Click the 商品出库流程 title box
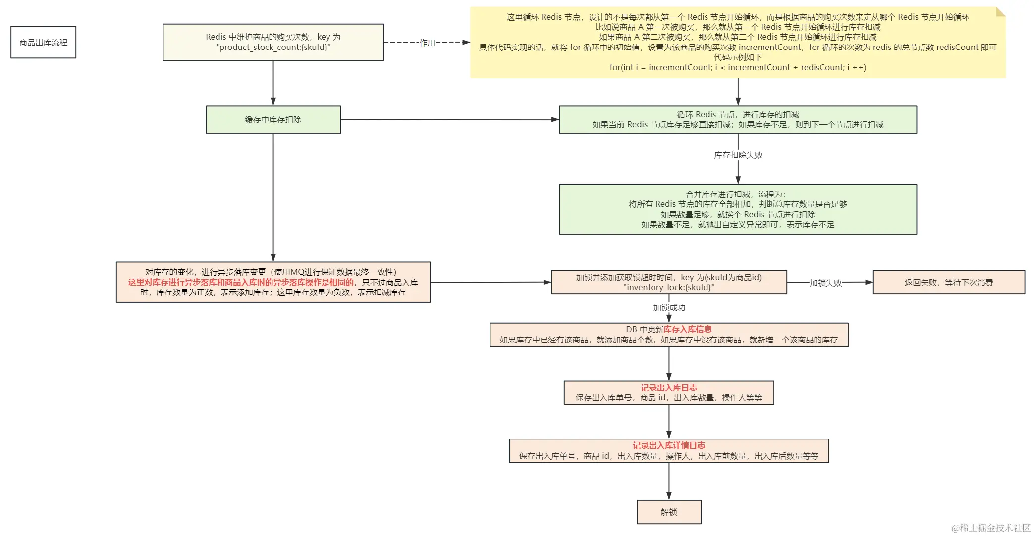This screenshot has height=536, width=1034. pos(43,42)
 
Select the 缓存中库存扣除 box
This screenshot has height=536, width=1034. pos(273,119)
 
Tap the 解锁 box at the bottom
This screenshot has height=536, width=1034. pos(669,512)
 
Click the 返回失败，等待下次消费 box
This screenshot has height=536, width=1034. pos(948,282)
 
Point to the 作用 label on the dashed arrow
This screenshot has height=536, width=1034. pos(427,43)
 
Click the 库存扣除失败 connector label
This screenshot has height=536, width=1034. pos(738,155)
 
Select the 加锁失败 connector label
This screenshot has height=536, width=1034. pos(825,283)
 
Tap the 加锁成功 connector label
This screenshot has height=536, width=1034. pos(669,307)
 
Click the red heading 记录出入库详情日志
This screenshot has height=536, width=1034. pos(668,445)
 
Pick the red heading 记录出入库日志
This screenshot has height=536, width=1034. pos(668,388)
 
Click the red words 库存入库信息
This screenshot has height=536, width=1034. pos(687,329)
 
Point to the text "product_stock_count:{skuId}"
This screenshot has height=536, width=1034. pos(273,48)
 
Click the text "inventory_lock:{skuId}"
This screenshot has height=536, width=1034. pos(669,287)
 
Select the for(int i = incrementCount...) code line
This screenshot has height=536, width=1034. pos(737,67)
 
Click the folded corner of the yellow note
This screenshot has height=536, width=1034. pos(1000,12)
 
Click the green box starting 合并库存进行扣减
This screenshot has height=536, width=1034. pos(738,209)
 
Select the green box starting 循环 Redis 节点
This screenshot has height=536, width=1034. pos(738,119)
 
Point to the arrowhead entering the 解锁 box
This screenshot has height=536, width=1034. pos(669,496)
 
